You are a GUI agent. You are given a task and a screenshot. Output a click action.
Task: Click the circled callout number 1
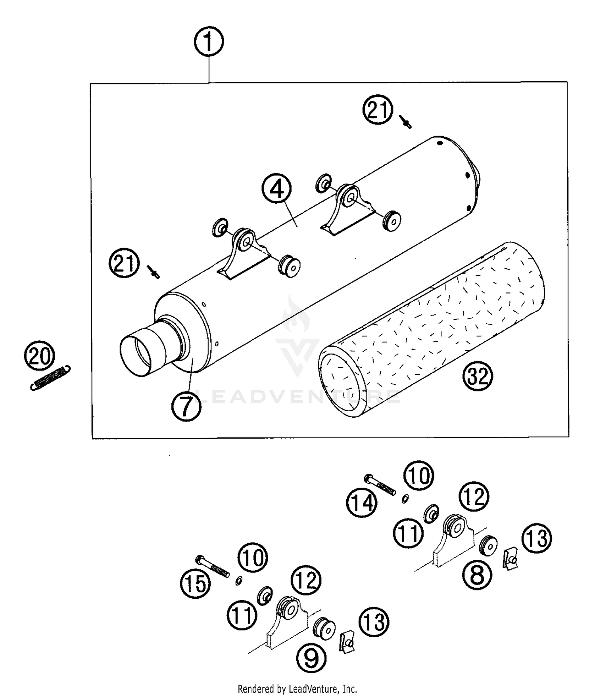209,42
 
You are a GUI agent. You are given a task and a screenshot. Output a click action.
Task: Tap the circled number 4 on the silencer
276,189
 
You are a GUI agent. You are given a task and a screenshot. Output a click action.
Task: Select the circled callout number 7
186,406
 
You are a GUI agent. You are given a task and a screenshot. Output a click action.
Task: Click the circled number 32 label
478,376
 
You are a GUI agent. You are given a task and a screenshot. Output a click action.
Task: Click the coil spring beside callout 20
50,377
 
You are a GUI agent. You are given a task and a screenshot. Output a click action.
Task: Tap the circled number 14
361,503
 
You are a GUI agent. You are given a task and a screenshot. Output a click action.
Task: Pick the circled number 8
477,575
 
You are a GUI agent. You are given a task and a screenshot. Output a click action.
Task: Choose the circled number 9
311,658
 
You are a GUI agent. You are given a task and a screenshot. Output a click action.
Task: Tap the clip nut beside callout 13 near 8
510,558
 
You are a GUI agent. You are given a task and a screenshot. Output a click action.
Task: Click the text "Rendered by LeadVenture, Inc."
297,689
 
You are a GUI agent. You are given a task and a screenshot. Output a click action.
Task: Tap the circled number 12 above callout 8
474,496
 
